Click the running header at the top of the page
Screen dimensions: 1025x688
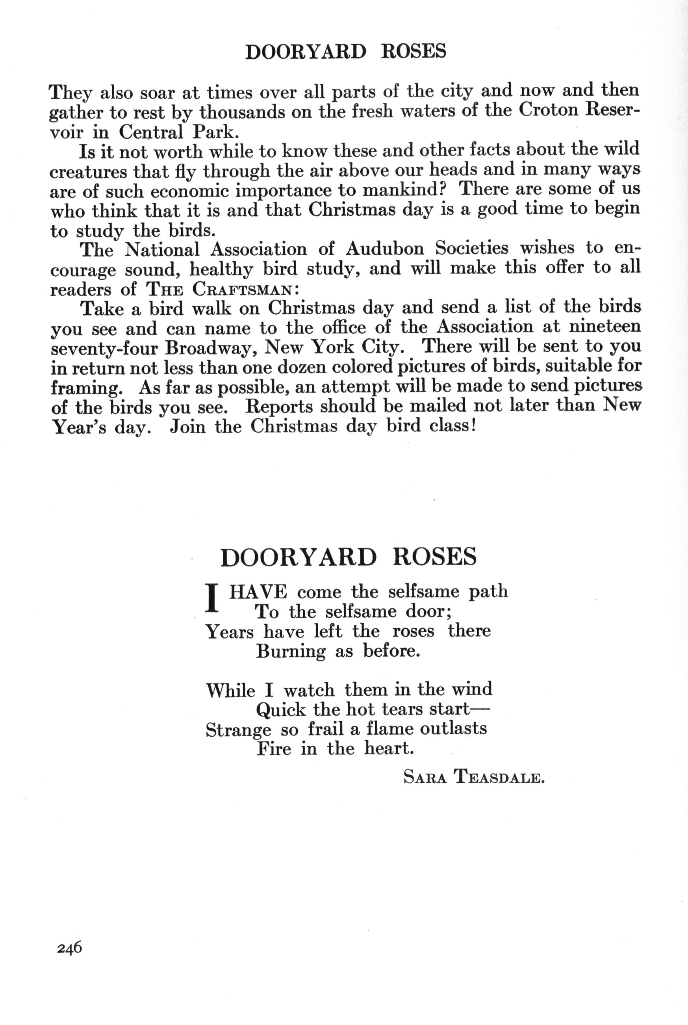tap(346, 52)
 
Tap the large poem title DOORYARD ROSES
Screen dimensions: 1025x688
tap(348, 557)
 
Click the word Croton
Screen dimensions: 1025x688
tap(546, 110)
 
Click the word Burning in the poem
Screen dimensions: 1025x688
tap(291, 652)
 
